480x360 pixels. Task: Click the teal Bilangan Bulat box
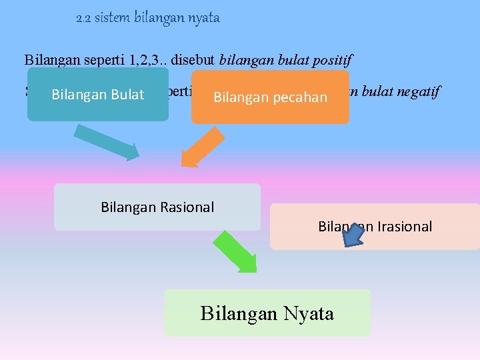tap(97, 94)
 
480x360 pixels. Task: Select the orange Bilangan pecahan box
tap(270, 97)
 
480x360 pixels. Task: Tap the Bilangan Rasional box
tap(157, 207)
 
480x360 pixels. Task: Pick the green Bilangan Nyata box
tap(267, 313)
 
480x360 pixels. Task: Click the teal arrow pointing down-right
tap(107, 141)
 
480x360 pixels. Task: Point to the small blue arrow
tap(356, 234)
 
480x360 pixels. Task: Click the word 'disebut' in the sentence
tap(193, 59)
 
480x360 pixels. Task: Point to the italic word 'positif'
tap(333, 59)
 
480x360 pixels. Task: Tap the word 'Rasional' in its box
tap(187, 207)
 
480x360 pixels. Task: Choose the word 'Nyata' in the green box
tap(307, 313)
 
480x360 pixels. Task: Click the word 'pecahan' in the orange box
tap(301, 97)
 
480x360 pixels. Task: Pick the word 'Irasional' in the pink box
tap(405, 227)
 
